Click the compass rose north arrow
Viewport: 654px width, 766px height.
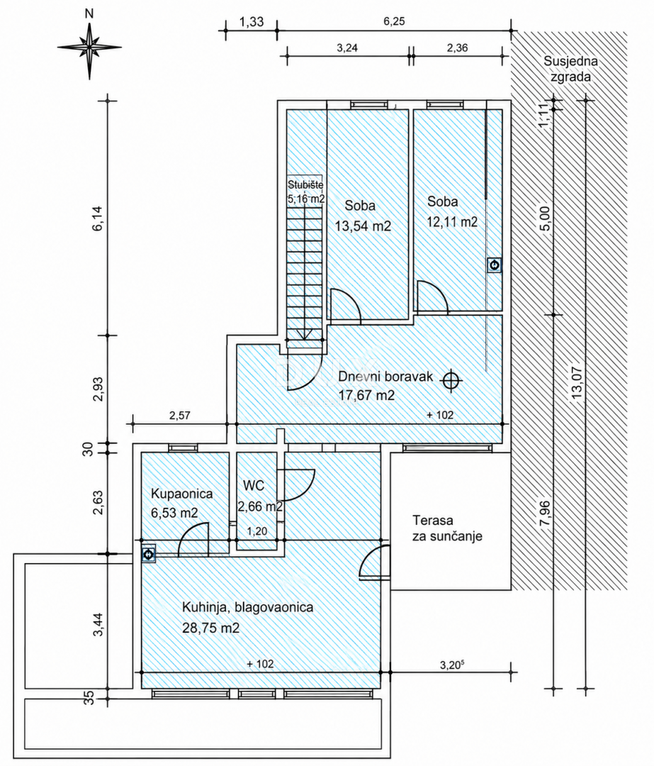pyautogui.click(x=89, y=46)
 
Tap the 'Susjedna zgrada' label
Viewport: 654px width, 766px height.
pyautogui.click(x=570, y=69)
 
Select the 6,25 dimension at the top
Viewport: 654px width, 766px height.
pyautogui.click(x=395, y=21)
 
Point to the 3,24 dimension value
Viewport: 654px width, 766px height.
pyautogui.click(x=347, y=48)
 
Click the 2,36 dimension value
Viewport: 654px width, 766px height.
pyautogui.click(x=457, y=48)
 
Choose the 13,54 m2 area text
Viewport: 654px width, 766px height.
pyautogui.click(x=363, y=226)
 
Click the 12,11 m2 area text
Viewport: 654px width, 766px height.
pyautogui.click(x=453, y=222)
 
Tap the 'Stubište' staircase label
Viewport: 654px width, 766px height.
pyautogui.click(x=305, y=185)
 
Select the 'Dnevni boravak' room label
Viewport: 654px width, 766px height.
pyautogui.click(x=385, y=377)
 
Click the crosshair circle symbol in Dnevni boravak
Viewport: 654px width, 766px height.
pyautogui.click(x=451, y=379)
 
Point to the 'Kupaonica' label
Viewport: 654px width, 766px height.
pyautogui.click(x=181, y=494)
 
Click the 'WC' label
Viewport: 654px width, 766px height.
pyautogui.click(x=254, y=486)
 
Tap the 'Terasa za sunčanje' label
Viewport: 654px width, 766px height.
pyautogui.click(x=447, y=528)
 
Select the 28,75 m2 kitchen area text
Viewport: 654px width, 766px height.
pyautogui.click(x=211, y=628)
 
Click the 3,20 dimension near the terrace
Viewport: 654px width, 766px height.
pyautogui.click(x=451, y=665)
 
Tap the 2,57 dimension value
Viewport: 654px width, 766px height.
pyautogui.click(x=179, y=416)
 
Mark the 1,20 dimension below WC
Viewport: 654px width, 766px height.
pyautogui.click(x=256, y=531)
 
